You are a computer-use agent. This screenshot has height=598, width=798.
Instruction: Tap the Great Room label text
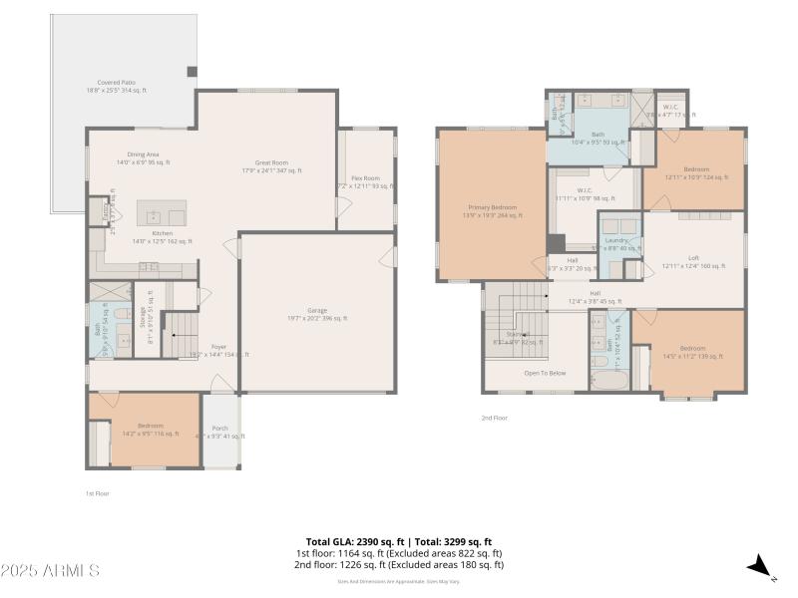click(x=272, y=165)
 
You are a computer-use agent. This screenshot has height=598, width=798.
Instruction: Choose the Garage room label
click(x=317, y=314)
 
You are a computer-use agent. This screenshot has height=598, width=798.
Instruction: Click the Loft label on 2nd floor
click(x=693, y=261)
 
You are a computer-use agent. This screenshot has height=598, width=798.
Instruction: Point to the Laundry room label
click(x=616, y=244)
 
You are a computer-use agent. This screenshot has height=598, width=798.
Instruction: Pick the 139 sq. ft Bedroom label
click(x=692, y=352)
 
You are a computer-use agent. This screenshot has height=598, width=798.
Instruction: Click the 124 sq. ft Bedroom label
click(x=695, y=173)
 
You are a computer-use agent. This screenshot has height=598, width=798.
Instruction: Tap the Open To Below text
click(x=545, y=374)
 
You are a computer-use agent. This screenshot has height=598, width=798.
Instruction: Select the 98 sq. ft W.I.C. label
click(x=585, y=193)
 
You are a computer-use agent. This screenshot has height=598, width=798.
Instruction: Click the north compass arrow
click(x=761, y=566)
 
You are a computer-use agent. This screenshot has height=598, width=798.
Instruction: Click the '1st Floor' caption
click(x=97, y=493)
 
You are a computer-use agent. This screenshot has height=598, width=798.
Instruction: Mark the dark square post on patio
click(x=193, y=72)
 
